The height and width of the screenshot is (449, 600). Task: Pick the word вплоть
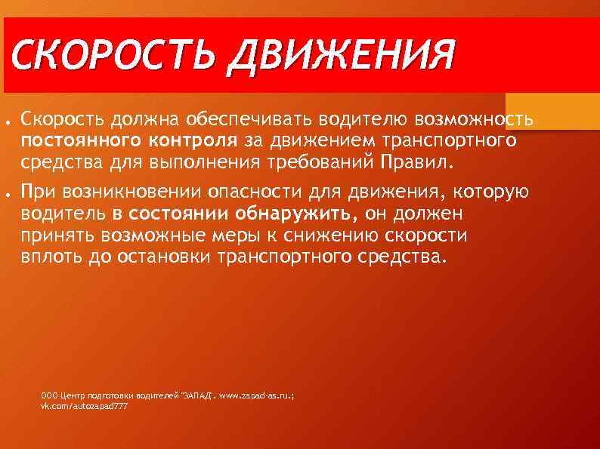click(x=53, y=257)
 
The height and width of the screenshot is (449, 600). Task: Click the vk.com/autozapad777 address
click(x=84, y=406)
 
